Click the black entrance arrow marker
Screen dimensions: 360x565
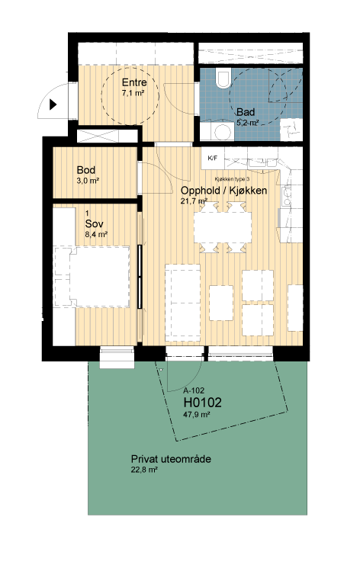tap(53, 104)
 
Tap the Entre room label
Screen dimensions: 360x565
tap(134, 82)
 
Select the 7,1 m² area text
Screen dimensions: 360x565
tap(133, 92)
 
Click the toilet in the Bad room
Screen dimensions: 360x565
tap(223, 79)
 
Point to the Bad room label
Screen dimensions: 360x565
tap(246, 112)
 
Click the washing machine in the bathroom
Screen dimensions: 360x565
tap(217, 132)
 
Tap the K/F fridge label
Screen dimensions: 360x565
tap(213, 158)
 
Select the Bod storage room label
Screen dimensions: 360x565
tap(86, 170)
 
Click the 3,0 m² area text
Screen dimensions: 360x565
tap(88, 181)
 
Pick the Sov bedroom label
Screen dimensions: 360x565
tap(94, 223)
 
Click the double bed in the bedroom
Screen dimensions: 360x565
tap(92, 277)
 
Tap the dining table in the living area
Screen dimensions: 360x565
tap(223, 227)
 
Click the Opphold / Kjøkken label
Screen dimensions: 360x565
tap(223, 191)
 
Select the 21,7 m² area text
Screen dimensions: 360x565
tap(194, 201)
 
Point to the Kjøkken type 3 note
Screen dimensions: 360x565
tap(233, 179)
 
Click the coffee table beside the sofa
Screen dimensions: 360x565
tap(221, 303)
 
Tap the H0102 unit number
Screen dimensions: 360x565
tap(203, 402)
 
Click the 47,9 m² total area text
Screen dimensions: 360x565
tap(196, 414)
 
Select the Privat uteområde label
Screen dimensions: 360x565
tap(171, 459)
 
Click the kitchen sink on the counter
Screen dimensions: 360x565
tap(288, 197)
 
